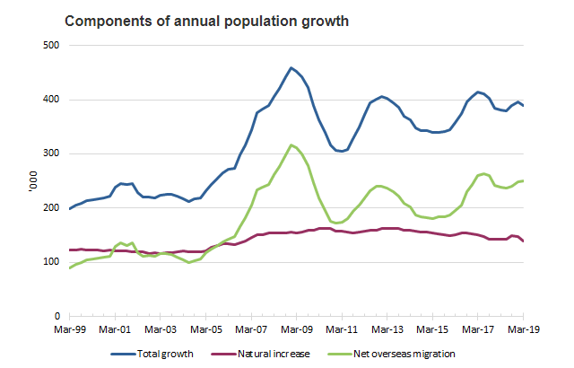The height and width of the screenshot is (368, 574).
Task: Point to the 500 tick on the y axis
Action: tap(51, 45)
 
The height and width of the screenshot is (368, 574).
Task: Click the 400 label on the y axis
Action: tap(51, 100)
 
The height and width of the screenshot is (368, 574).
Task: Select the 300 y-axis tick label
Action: tap(51, 153)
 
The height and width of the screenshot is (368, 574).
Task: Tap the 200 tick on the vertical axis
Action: tap(51, 208)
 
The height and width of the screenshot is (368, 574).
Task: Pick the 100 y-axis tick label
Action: tap(51, 262)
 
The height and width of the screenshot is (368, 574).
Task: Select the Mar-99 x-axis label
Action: tap(69, 330)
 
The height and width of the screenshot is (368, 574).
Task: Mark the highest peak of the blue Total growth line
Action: tap(291, 67)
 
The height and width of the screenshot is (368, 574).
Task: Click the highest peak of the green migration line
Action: tap(291, 145)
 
